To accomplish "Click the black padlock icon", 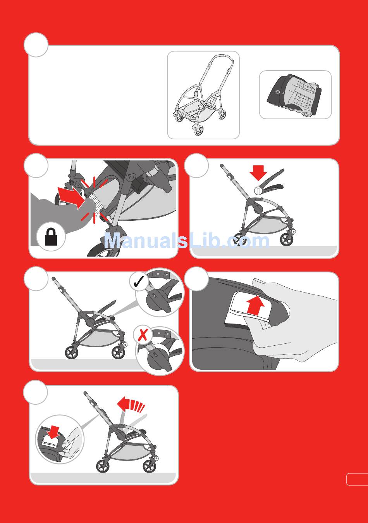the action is pyautogui.click(x=51, y=237).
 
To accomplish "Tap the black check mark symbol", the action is pyautogui.click(x=139, y=282).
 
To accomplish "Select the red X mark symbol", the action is pyautogui.click(x=143, y=335).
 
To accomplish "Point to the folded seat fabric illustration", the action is pyautogui.click(x=294, y=95).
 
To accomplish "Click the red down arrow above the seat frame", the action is pyautogui.click(x=258, y=173).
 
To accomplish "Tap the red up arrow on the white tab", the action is pyautogui.click(x=255, y=305).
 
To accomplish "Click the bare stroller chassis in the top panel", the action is pyautogui.click(x=202, y=95).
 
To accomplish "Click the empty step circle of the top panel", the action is pyautogui.click(x=36, y=45).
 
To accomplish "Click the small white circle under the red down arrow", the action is pyautogui.click(x=257, y=190).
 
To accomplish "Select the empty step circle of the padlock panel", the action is pyautogui.click(x=36, y=165).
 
